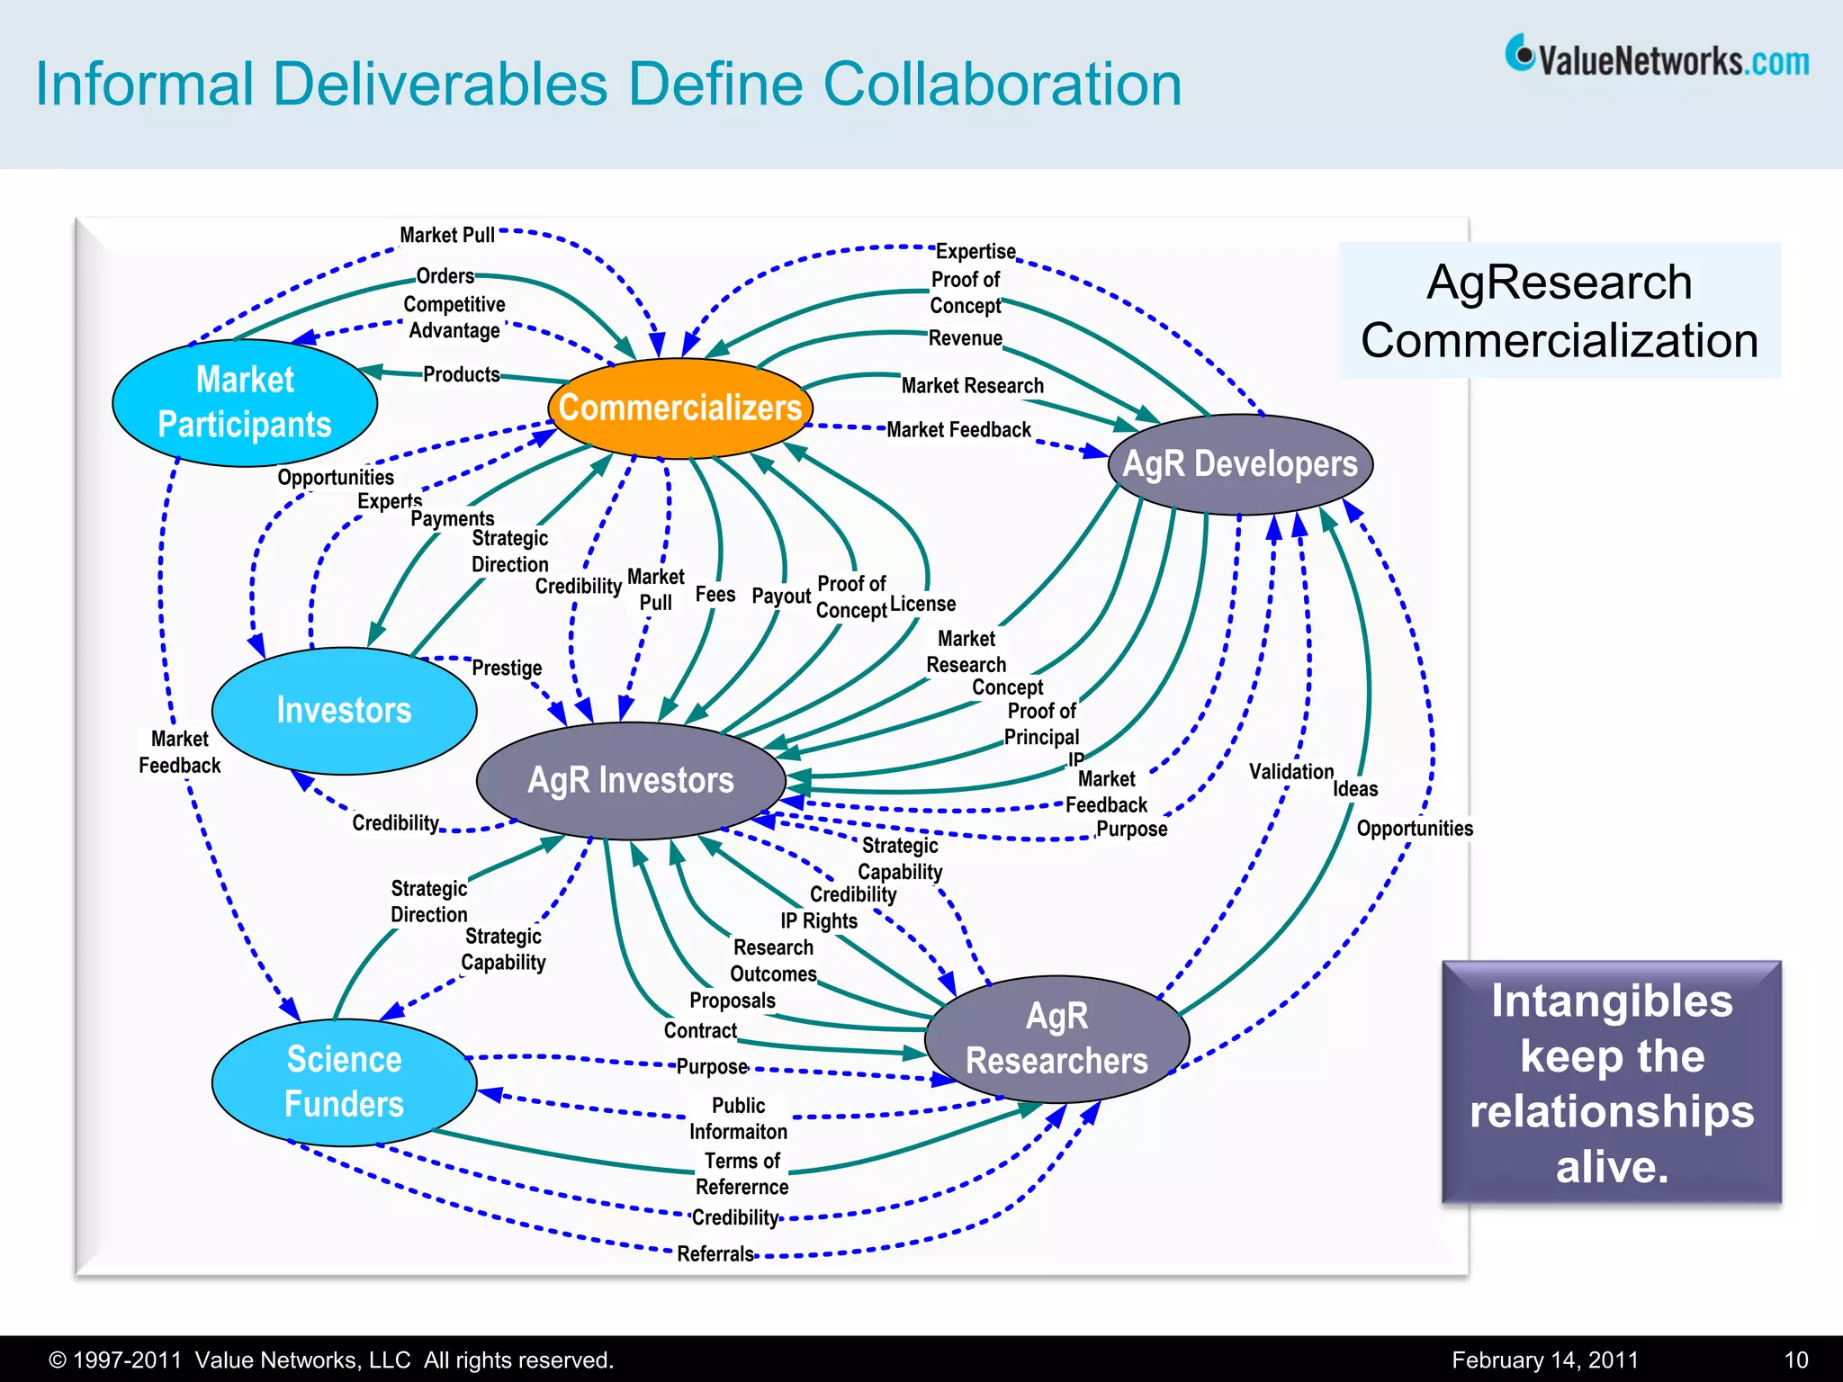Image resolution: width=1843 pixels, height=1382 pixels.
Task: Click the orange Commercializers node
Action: click(x=679, y=408)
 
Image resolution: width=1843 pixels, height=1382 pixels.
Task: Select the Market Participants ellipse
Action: click(x=245, y=402)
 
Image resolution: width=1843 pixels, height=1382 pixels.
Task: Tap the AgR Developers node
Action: click(x=1240, y=464)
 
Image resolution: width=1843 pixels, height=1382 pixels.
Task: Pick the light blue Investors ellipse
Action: click(x=344, y=710)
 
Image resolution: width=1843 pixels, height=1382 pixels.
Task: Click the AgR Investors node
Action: click(x=631, y=780)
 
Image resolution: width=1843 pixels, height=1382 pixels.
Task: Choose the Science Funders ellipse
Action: click(x=344, y=1081)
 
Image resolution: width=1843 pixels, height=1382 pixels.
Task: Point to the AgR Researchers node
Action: click(x=1056, y=1038)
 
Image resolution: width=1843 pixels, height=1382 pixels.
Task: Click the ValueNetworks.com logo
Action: click(x=1657, y=58)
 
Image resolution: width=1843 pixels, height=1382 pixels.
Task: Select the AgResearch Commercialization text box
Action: click(x=1560, y=310)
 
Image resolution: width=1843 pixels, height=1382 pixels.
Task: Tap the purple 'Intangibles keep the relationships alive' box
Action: click(x=1611, y=1082)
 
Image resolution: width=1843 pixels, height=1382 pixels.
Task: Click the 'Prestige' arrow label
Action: click(x=507, y=668)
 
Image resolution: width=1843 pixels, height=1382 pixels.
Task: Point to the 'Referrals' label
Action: click(x=715, y=1253)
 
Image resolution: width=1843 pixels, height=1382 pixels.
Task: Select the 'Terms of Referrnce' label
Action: click(x=742, y=1173)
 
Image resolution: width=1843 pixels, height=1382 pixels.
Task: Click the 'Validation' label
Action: click(x=1290, y=771)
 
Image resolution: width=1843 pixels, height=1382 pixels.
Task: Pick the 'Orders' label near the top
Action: click(x=445, y=276)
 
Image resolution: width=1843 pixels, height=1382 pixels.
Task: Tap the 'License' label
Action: click(x=922, y=604)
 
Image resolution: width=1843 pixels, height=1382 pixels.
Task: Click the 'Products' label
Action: click(x=461, y=374)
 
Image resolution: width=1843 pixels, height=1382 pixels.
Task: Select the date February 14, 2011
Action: click(x=1544, y=1360)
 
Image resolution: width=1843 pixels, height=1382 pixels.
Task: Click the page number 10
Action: click(x=1795, y=1360)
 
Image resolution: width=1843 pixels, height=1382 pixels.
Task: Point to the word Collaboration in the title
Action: click(x=1002, y=85)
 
